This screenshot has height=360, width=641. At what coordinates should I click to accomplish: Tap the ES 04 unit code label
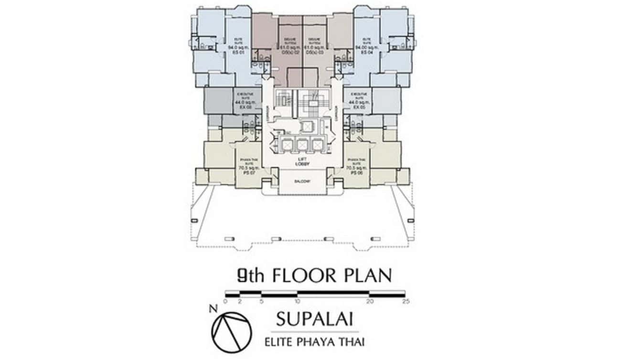tap(367, 53)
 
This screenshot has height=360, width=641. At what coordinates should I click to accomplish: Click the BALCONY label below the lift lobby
tap(302, 181)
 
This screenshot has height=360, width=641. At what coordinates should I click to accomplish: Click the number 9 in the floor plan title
tap(243, 276)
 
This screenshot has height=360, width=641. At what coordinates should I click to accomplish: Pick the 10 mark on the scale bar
tap(297, 302)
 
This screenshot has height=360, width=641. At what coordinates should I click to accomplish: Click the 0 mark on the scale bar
tap(225, 302)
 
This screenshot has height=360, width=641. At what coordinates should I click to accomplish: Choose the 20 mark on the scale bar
tap(369, 302)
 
